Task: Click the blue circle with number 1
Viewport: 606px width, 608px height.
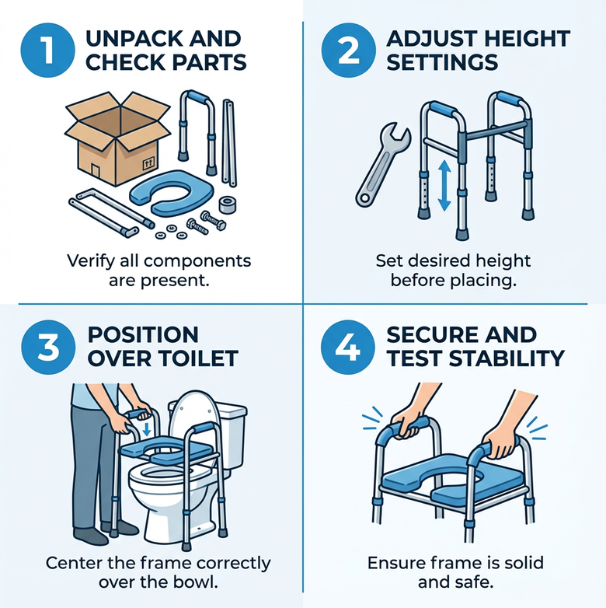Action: pyautogui.click(x=48, y=51)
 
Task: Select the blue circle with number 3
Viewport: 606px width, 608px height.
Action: pyautogui.click(x=48, y=346)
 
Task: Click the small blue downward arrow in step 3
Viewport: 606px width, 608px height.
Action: pyautogui.click(x=146, y=430)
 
